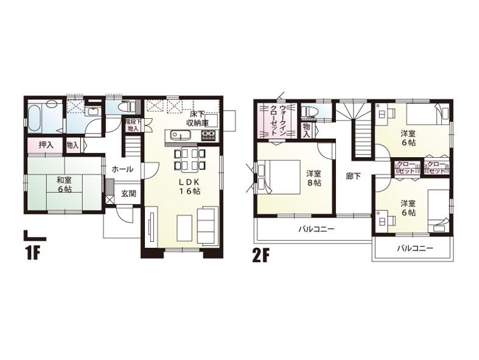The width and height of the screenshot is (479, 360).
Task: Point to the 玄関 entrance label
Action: [128, 194]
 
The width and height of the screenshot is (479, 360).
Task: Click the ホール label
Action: [122, 169]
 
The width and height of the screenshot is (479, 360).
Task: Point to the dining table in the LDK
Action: [189, 159]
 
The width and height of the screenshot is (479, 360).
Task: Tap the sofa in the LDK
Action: [208, 226]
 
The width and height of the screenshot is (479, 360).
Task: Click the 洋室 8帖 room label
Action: [314, 177]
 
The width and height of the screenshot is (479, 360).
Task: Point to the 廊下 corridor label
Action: [353, 175]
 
